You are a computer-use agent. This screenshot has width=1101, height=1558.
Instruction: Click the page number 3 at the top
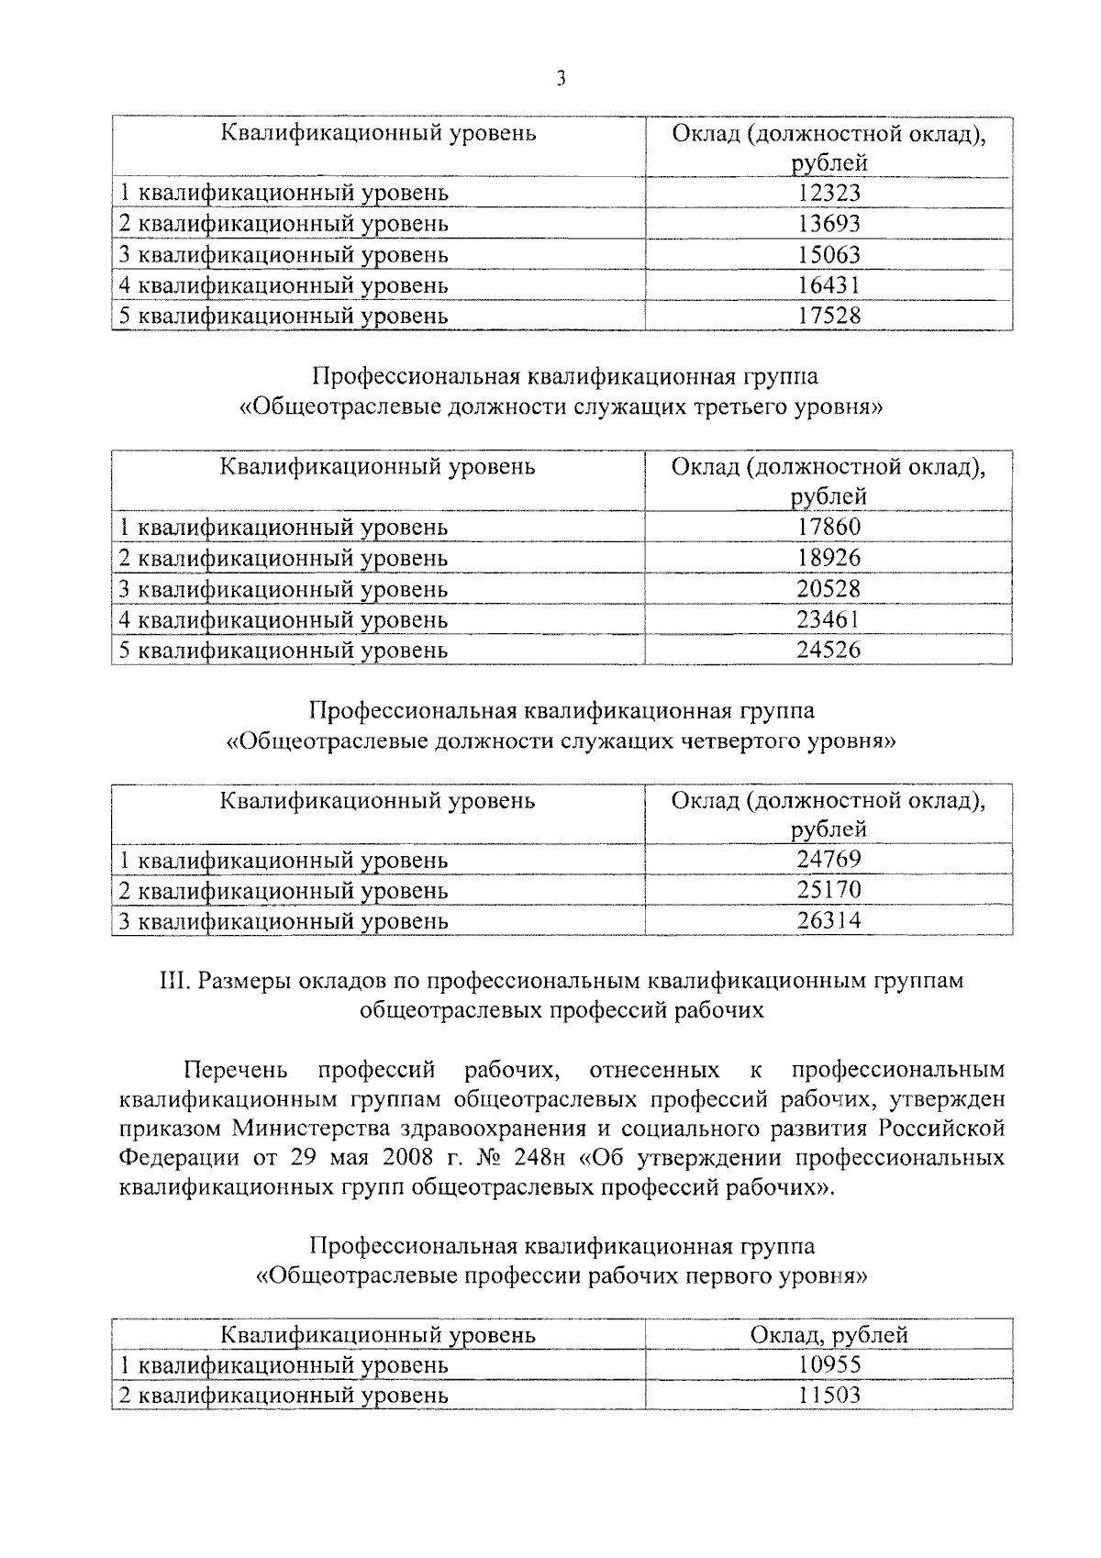[561, 79]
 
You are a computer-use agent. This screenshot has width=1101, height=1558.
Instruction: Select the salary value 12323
[829, 193]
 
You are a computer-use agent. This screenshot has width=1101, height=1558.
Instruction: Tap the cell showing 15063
[829, 254]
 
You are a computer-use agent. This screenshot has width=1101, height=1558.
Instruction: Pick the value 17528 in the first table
[829, 316]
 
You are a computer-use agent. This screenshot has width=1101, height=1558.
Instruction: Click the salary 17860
[829, 527]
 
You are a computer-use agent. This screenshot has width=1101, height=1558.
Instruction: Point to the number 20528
[829, 588]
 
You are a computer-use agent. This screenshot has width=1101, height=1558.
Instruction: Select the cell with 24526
[829, 650]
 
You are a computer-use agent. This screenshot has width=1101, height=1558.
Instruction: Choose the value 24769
[829, 860]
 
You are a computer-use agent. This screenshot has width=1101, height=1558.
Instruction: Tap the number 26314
[829, 920]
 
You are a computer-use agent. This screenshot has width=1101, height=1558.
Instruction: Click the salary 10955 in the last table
[829, 1364]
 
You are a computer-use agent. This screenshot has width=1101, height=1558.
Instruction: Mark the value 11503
[829, 1395]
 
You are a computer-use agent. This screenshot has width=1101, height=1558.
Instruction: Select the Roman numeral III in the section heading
[174, 981]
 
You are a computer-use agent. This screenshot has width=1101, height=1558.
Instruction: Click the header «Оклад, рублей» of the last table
[829, 1334]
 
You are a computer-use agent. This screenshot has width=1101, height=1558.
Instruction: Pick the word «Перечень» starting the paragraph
[236, 1070]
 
